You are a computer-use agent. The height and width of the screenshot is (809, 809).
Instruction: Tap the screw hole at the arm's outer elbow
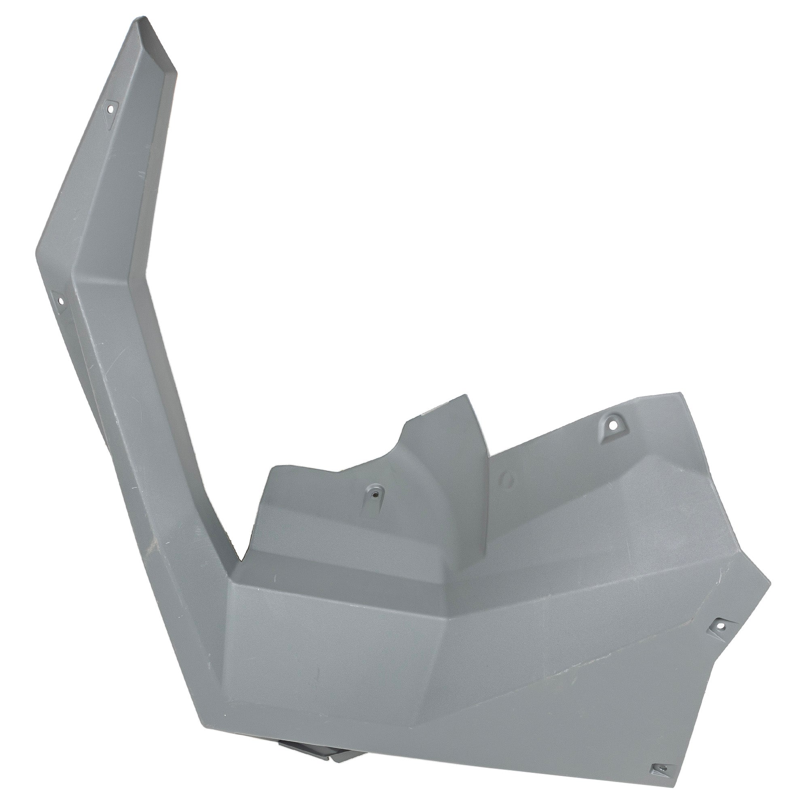pos(60,301)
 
